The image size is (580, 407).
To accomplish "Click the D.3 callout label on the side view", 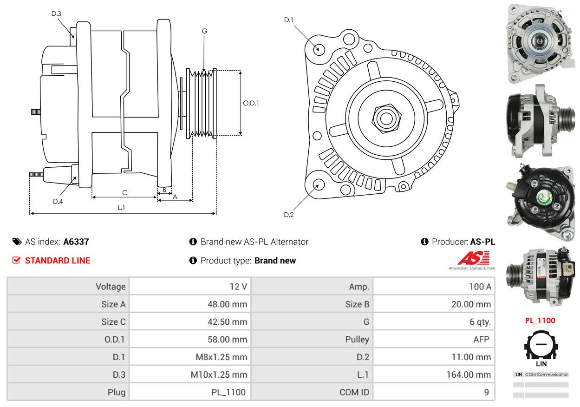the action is pos(56,13).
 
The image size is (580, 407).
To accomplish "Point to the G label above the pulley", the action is pos(204,31).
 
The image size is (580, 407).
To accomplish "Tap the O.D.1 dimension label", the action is pos(251,103).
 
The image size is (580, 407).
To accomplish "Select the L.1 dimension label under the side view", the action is pos(121,208).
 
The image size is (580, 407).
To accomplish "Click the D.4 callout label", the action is pos(58,201).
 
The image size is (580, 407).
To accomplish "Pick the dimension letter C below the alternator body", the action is pos(125,192).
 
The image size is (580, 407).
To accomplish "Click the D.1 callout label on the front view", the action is pos(289,20).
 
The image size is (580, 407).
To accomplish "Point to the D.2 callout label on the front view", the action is pos(289,215).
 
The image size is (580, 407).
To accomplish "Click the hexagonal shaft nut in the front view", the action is pos(386,118).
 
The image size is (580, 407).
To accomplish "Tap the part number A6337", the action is pos(76,242).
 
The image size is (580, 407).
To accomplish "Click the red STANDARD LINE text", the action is pos(58,260).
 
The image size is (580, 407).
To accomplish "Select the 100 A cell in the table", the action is pos(480,287).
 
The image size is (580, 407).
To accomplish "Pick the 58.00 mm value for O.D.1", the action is pos(228,339).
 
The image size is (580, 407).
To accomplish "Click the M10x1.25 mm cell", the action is pos(219,374).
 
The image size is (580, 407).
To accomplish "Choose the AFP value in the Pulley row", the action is pos(482,339).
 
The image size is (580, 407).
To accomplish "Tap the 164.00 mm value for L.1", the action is pos(469,374).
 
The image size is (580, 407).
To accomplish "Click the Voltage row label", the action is pos(111,287).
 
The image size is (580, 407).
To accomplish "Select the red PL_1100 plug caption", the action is pos(540,321).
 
